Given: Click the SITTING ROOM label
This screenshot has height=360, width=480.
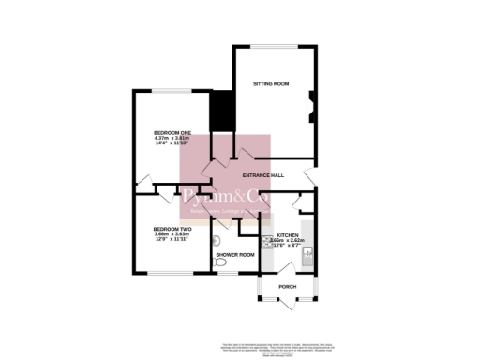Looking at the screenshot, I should click(271, 84).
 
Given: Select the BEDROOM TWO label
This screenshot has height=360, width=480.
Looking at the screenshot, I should click(172, 229).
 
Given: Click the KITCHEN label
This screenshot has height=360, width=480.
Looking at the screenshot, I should click(287, 235).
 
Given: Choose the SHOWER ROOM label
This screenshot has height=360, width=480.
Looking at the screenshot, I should click(235, 254).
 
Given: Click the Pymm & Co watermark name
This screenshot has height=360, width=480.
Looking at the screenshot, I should click(225, 197).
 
